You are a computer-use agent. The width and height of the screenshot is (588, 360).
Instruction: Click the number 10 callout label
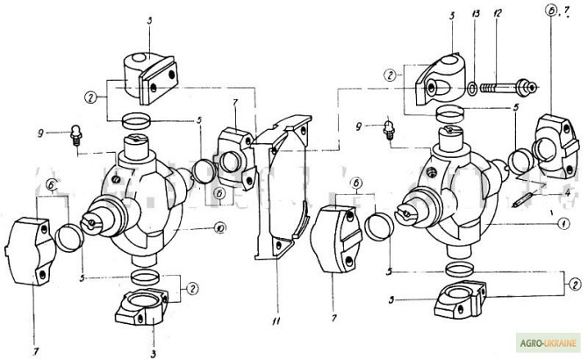pyautogui.click(x=219, y=228)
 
